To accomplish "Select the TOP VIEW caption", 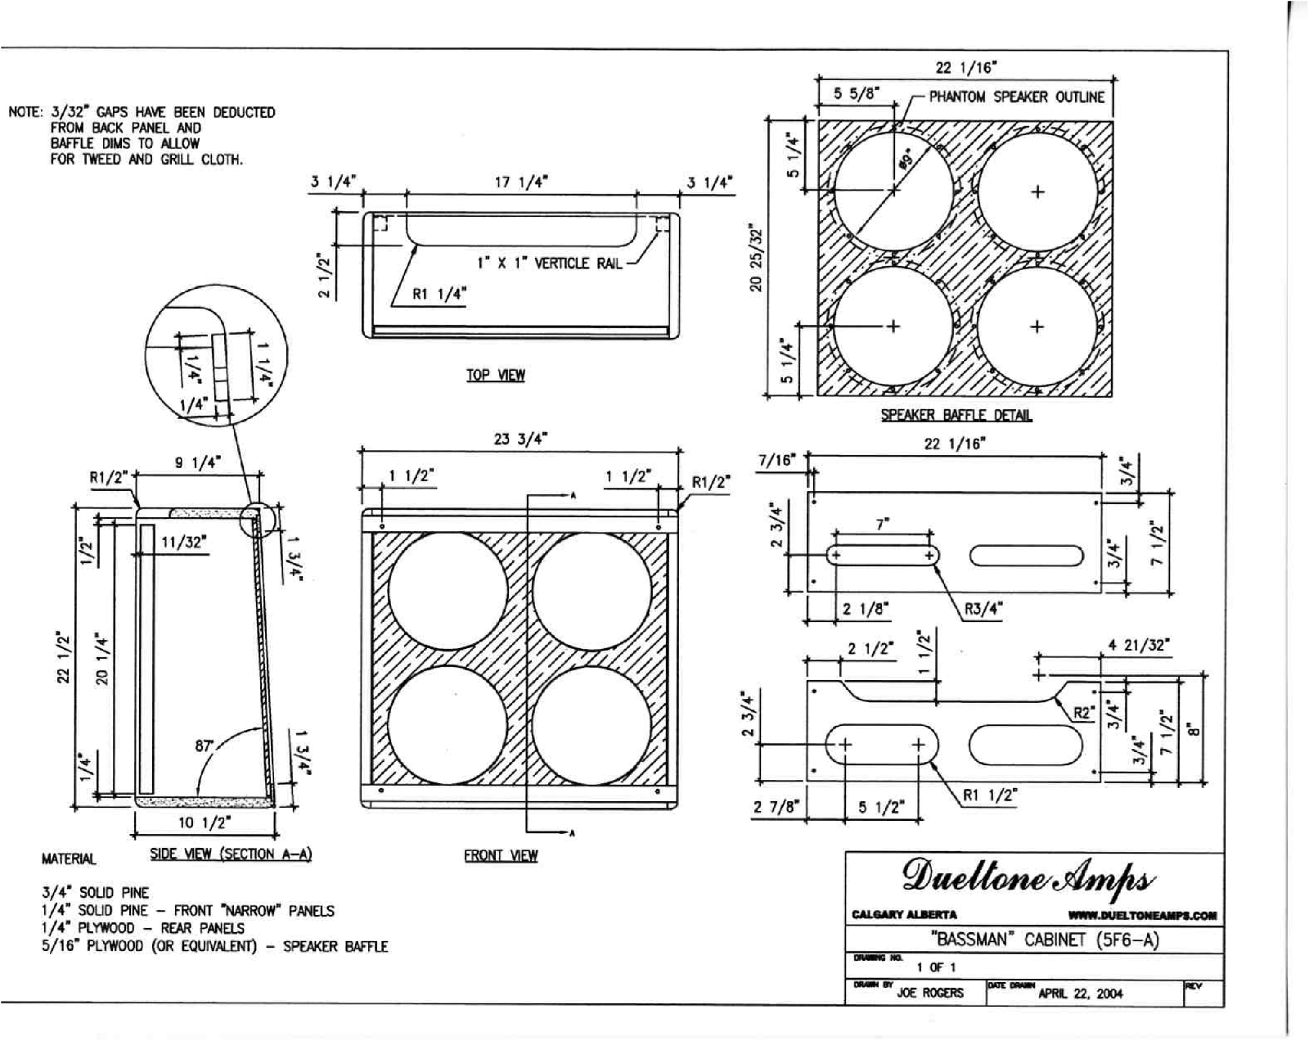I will (496, 375).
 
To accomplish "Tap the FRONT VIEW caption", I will (501, 855).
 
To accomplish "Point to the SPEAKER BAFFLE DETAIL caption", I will (956, 415).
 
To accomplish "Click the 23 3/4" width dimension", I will (520, 439).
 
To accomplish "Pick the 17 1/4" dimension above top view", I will (521, 182).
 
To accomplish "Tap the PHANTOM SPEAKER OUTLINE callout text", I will (1016, 97).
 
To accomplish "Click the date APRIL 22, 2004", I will (1080, 994).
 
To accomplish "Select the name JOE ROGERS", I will (930, 993).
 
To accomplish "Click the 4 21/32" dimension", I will (1139, 646).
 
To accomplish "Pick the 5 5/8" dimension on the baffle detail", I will (856, 93).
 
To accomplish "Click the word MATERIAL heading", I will (69, 859).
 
